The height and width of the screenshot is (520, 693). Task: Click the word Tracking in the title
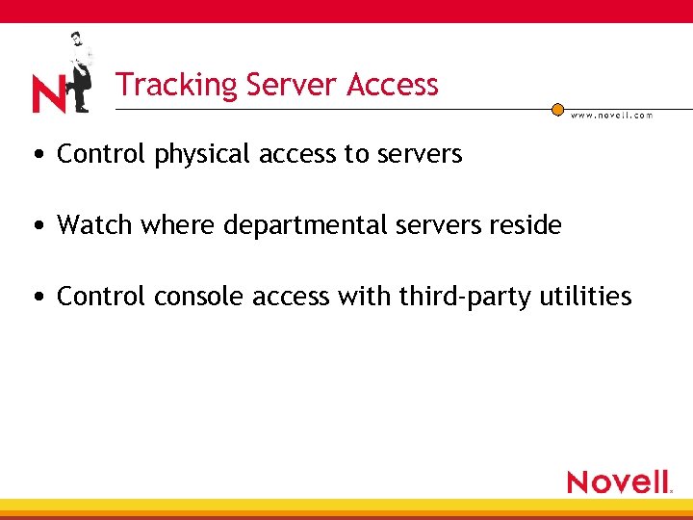(x=177, y=86)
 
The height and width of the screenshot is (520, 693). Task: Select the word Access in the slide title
(x=393, y=85)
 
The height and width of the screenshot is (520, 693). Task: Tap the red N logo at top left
(x=48, y=95)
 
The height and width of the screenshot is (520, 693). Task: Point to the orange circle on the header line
(x=557, y=110)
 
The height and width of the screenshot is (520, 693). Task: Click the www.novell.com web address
(x=612, y=115)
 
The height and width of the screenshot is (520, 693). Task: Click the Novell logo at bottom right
(x=620, y=481)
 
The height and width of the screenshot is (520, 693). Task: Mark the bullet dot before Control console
(x=37, y=298)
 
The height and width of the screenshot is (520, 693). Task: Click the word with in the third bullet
(x=357, y=297)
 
